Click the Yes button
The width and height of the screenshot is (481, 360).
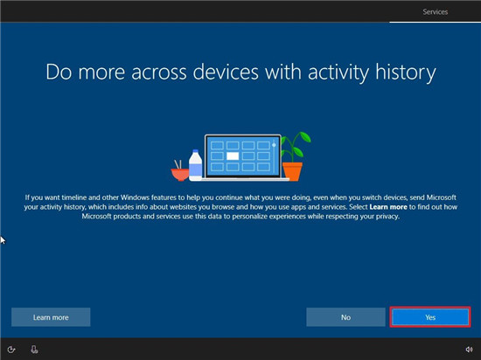(x=430, y=317)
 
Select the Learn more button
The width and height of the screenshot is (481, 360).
(x=51, y=317)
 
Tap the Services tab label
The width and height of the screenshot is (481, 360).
(x=435, y=12)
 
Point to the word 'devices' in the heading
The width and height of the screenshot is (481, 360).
(x=226, y=72)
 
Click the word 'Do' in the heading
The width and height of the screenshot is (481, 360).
(x=59, y=73)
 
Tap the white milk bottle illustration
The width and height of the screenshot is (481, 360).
(x=195, y=165)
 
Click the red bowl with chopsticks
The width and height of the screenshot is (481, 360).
(x=180, y=171)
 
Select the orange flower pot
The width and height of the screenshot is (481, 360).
(x=292, y=171)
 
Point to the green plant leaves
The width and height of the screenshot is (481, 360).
(x=296, y=145)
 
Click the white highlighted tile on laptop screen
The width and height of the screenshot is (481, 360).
(x=233, y=156)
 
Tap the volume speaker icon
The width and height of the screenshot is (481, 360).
(x=469, y=350)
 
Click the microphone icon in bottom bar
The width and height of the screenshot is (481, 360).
(x=34, y=350)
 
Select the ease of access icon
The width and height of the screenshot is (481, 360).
(x=11, y=350)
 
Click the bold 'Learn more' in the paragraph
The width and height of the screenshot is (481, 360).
(x=388, y=207)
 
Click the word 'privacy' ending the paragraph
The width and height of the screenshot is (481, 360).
(x=388, y=217)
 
